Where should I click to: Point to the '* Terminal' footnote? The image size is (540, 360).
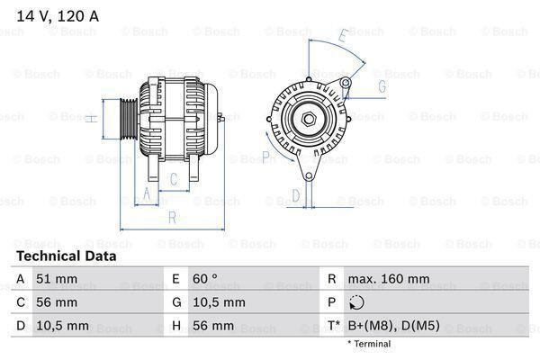pyautogui.click(x=368, y=344)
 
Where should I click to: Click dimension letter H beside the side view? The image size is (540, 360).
pyautogui.click(x=92, y=116)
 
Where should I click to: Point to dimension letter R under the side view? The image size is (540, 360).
pyautogui.click(x=171, y=217)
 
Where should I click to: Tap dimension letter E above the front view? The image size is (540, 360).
pyautogui.click(x=341, y=37)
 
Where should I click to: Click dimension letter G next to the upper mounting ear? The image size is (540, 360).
pyautogui.click(x=382, y=86)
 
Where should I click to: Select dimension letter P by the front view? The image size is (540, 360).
pyautogui.click(x=266, y=157)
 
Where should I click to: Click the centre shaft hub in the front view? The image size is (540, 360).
pyautogui.click(x=307, y=118)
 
